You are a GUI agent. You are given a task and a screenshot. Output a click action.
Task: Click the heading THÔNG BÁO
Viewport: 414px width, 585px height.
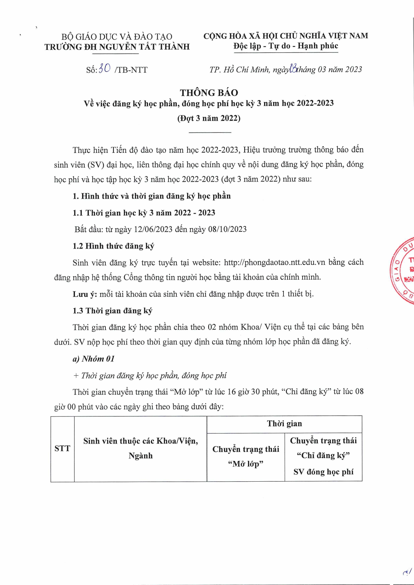[209, 93]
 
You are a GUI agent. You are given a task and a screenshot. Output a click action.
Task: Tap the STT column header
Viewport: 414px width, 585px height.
[62, 449]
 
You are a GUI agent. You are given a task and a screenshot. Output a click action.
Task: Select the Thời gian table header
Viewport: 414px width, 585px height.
[284, 424]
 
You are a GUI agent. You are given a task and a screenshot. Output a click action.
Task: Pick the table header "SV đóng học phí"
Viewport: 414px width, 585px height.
[323, 472]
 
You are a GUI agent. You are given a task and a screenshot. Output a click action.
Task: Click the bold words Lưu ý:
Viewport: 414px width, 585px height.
[85, 294]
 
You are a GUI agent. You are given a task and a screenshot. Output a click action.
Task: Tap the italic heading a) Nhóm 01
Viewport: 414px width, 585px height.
[93, 359]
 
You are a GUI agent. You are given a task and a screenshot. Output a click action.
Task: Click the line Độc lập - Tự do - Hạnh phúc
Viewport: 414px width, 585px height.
[285, 46]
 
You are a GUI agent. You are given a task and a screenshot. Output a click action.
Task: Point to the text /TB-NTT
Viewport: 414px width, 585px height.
[131, 70]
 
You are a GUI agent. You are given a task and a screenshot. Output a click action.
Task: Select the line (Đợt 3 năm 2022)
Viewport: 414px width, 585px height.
[209, 118]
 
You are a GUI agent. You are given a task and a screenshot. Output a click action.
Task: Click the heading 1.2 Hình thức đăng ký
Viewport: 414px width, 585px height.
[113, 246]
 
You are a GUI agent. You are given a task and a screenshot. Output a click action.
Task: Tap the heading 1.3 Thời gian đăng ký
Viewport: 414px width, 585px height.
[112, 311]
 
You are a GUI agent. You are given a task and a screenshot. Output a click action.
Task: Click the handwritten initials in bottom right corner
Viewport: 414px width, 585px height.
[407, 573]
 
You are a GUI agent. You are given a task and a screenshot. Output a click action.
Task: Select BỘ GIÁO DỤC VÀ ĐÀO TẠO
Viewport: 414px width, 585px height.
[117, 37]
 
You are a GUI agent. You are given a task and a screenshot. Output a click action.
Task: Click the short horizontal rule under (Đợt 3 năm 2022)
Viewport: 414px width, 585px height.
[210, 133]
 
